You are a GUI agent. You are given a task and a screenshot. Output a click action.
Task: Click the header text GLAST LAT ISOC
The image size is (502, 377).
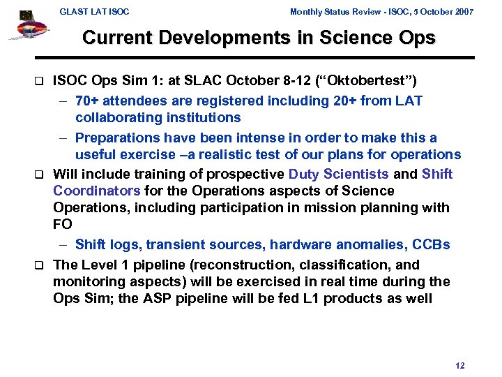click(94, 12)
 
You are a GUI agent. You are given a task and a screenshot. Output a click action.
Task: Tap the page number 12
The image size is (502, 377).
click(459, 366)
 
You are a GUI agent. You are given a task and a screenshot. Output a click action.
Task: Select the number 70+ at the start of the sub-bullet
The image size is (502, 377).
click(89, 101)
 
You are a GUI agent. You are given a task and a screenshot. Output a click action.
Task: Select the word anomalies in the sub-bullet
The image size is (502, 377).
click(381, 244)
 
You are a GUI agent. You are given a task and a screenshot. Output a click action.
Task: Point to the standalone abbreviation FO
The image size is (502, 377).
click(63, 225)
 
